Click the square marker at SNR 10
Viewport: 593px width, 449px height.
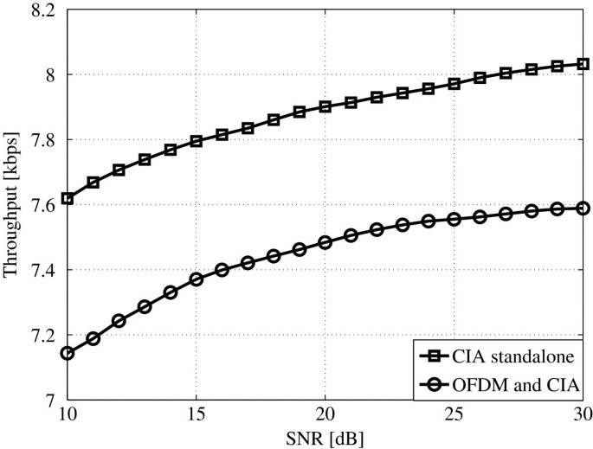click(68, 198)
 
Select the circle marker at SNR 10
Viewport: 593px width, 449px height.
click(68, 353)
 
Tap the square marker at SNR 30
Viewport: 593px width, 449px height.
click(583, 64)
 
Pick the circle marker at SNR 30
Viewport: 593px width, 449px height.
click(583, 208)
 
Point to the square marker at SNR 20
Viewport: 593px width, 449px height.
click(326, 106)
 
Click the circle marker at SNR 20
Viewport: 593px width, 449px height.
click(326, 242)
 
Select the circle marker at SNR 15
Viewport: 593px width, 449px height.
click(197, 279)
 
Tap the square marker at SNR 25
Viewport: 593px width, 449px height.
click(454, 84)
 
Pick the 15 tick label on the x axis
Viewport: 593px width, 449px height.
click(197, 416)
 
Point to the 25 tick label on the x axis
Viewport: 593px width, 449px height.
click(454, 416)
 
